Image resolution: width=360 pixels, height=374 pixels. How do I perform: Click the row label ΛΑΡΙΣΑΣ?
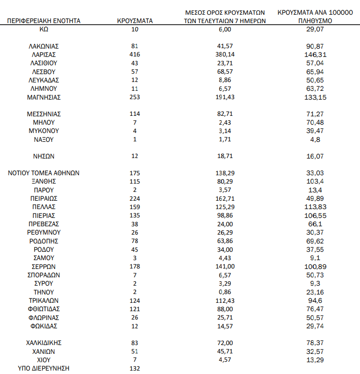click(x=44, y=54)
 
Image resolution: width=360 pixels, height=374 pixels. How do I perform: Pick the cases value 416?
click(x=135, y=54)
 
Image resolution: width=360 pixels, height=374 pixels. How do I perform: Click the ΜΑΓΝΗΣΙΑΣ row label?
click(x=44, y=97)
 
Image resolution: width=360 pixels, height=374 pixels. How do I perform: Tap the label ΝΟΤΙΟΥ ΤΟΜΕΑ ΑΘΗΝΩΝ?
click(x=44, y=173)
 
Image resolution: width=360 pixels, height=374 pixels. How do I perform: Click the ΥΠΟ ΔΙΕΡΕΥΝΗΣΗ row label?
click(x=44, y=369)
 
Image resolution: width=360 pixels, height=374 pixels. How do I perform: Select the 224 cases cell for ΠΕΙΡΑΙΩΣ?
click(x=135, y=198)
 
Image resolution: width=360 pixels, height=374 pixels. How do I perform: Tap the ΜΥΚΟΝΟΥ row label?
click(x=44, y=131)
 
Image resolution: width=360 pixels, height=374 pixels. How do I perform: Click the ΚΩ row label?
click(x=44, y=29)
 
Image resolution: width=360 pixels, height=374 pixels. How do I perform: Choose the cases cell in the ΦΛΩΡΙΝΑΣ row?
click(x=135, y=318)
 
